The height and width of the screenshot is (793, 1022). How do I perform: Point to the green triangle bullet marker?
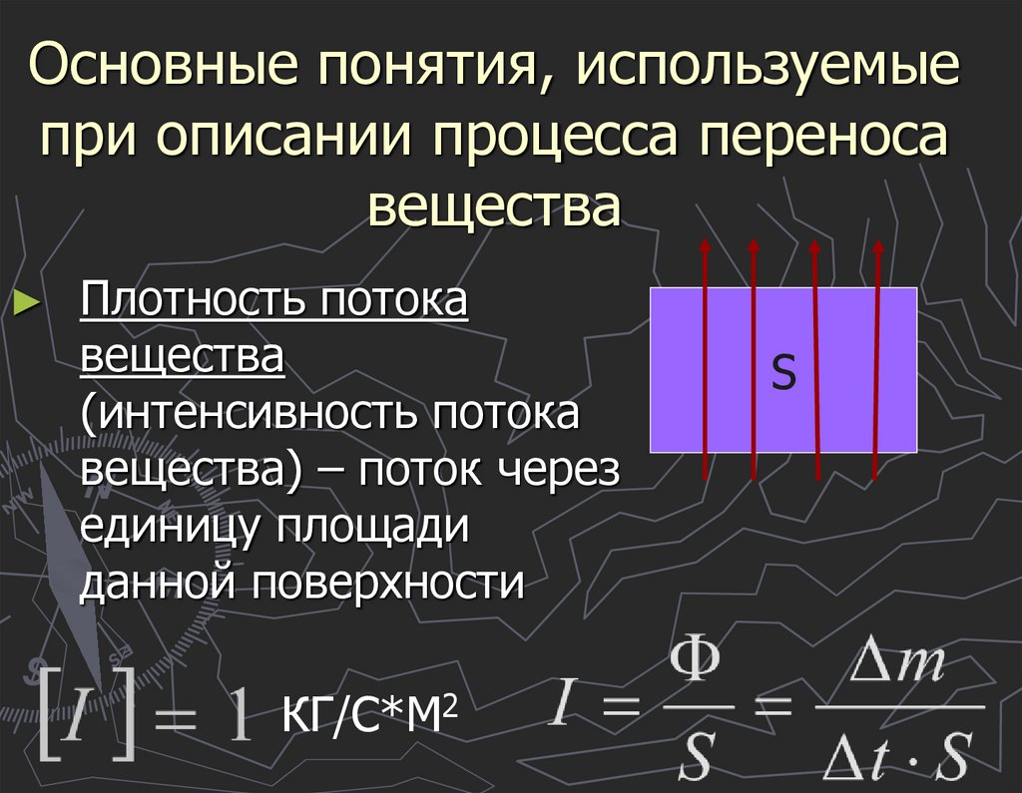pos(27,302)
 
